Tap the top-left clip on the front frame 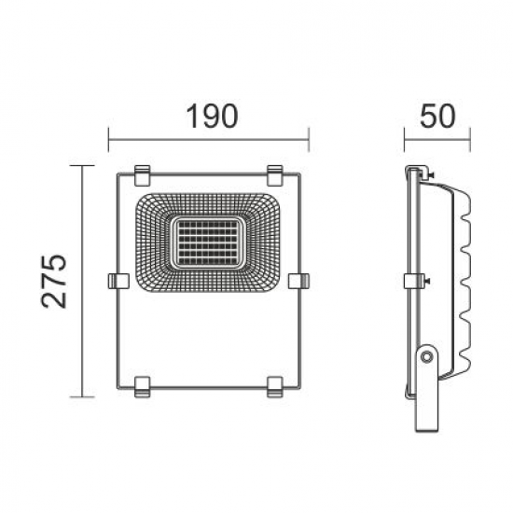[143, 173]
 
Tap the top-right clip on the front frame [275, 173]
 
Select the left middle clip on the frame [118, 280]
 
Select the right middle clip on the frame [299, 280]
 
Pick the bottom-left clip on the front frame [143, 383]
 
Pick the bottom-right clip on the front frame [275, 383]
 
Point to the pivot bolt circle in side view [426, 355]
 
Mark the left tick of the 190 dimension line [109, 141]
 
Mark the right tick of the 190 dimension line [309, 141]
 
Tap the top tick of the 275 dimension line [83, 166]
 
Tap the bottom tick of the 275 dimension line [83, 396]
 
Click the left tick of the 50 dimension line [404, 141]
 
